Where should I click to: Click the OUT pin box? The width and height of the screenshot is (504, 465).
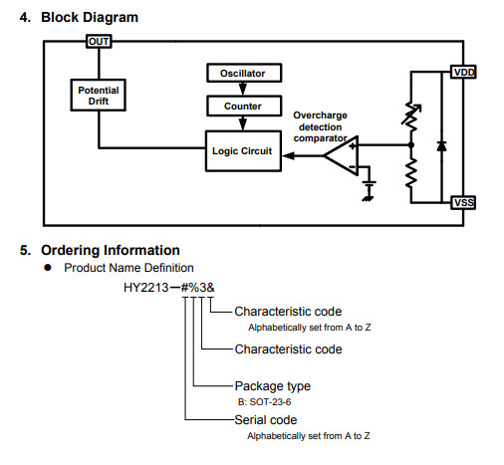point(99,42)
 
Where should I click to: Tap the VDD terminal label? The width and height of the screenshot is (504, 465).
point(463,72)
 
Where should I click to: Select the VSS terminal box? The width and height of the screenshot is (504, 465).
point(463,202)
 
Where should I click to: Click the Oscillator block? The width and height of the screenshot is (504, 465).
point(244,73)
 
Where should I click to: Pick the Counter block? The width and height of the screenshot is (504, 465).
point(244,106)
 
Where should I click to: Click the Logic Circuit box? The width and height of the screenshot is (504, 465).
point(243,151)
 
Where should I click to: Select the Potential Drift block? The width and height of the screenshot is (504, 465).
point(99,96)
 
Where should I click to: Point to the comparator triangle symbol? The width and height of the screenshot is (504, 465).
point(341,155)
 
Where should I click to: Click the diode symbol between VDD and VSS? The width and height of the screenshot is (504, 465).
point(441,145)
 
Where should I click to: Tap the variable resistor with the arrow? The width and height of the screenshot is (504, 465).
point(411,116)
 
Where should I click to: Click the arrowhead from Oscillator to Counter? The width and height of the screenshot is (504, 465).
point(243,89)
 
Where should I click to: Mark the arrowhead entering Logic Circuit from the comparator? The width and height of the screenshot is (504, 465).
point(288,155)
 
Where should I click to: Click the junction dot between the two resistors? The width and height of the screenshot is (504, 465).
point(411,145)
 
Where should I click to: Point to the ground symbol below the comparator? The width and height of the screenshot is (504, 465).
point(368,191)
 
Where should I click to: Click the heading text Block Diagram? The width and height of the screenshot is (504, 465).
point(90,17)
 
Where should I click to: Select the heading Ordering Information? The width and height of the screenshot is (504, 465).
point(111,250)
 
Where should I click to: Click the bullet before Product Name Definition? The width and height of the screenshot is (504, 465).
point(48,268)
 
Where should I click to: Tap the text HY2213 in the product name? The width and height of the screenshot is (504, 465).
point(146,288)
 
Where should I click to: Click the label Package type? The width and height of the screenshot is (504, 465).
point(273,386)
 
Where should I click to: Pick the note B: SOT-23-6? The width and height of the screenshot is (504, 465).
point(264,402)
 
